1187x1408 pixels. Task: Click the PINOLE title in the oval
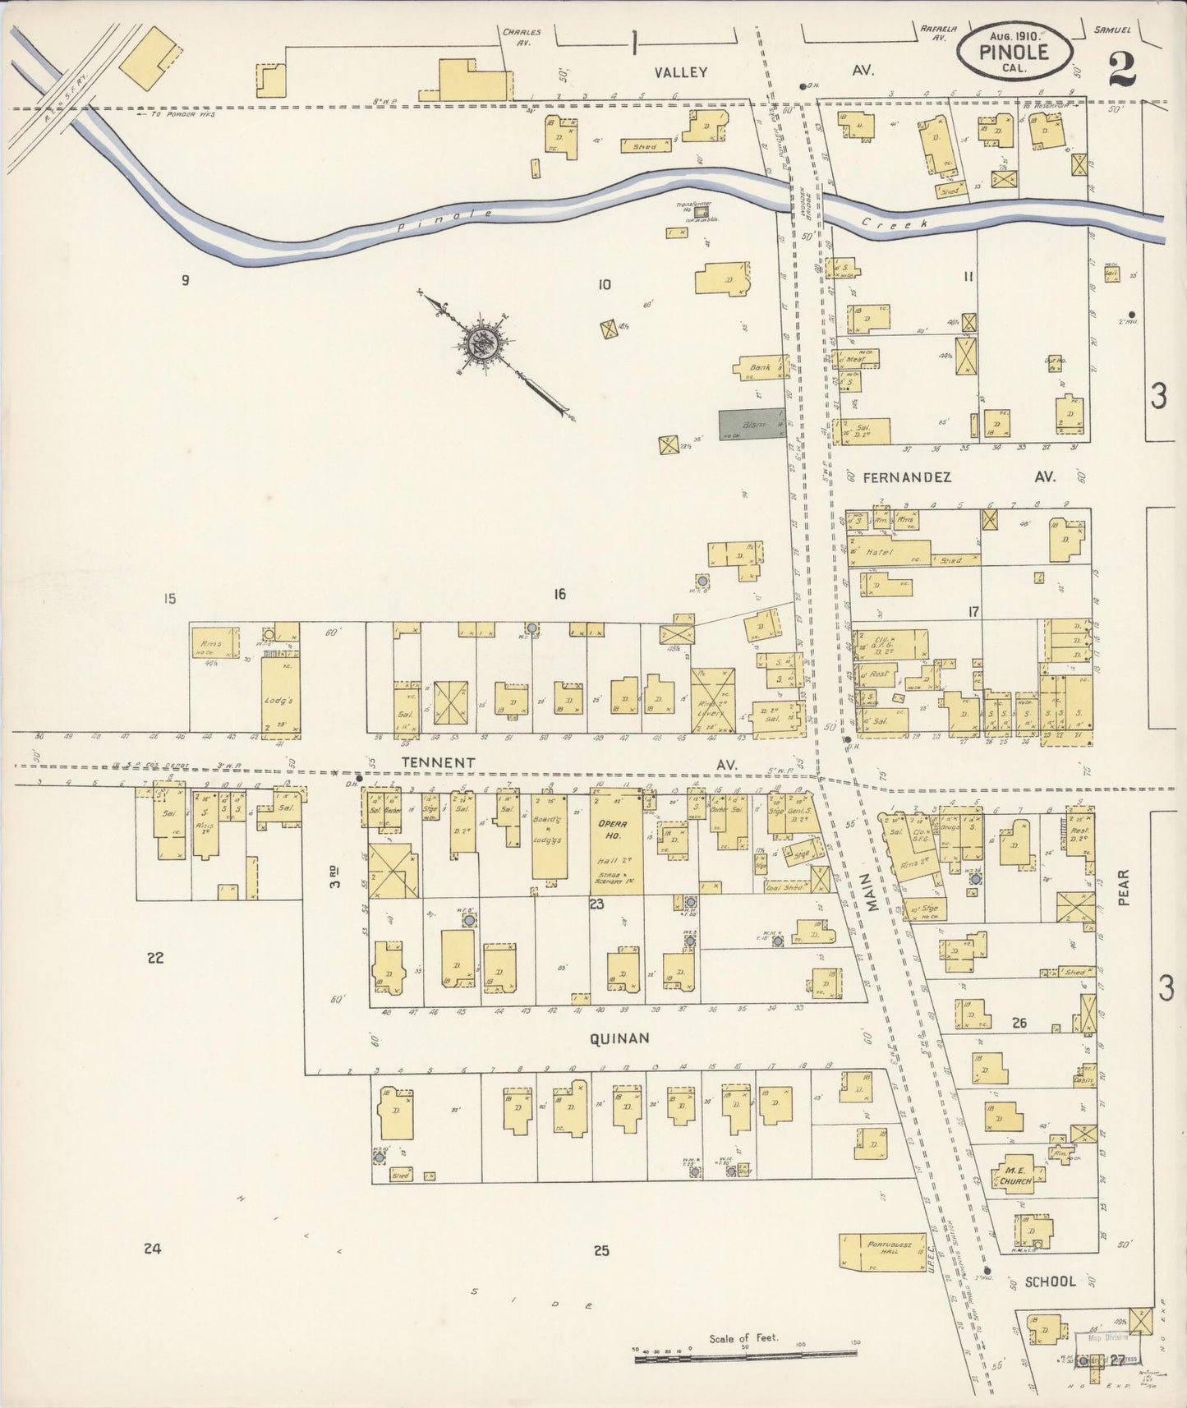(x=1014, y=52)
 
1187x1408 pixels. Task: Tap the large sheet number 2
(x=1121, y=67)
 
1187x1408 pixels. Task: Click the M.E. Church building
(x=1015, y=1176)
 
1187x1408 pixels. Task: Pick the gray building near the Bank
(x=751, y=425)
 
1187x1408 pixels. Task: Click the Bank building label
(x=760, y=367)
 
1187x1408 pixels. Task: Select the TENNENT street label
(x=438, y=762)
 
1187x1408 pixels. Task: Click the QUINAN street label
(x=619, y=1038)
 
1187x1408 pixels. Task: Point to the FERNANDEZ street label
(x=906, y=476)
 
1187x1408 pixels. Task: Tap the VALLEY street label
(x=680, y=72)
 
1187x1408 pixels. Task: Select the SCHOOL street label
(x=1050, y=1281)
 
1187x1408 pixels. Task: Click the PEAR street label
(x=1123, y=887)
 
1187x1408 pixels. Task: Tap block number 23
(x=596, y=904)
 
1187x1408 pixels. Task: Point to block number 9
(x=186, y=280)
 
